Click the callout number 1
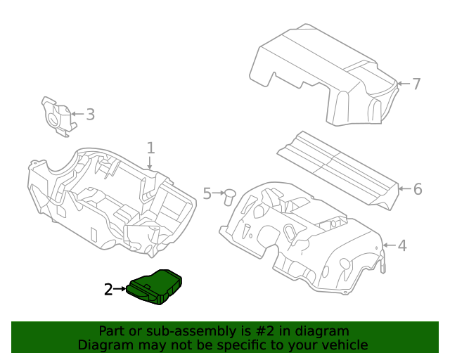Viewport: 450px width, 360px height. coord(150,148)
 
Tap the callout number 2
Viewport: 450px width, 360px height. coord(108,289)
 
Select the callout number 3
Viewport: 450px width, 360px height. coord(90,114)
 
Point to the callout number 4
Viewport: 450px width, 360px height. coord(402,245)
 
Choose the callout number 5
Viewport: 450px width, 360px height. coord(207,193)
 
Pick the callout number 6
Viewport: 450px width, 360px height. coord(417,188)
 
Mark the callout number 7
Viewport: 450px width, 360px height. coord(416,84)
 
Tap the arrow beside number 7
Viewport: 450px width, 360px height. coord(401,84)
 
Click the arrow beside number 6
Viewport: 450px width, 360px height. coord(403,188)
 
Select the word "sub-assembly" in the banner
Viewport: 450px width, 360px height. coord(169,331)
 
